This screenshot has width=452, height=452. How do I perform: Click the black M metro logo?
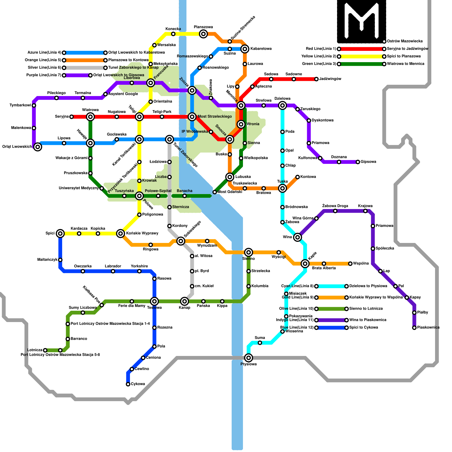tap(361, 21)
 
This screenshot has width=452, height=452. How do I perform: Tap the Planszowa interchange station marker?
tap(203, 34)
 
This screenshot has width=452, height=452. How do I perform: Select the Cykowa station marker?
tap(128, 384)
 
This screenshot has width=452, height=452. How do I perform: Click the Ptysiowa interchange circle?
tap(249, 358)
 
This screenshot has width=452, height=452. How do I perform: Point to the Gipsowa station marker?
tap(358, 162)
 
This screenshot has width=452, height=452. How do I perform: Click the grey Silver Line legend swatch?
tap(85, 68)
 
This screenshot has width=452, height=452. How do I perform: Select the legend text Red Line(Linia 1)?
tap(321, 49)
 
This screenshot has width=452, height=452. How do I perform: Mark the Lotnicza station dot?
tap(45, 350)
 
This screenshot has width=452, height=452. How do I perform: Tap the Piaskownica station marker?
tap(414, 328)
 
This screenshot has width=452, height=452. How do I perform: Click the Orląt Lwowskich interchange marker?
tap(38, 147)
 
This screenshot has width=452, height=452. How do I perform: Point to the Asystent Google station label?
tap(123, 94)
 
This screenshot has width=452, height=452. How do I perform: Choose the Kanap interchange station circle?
tap(184, 301)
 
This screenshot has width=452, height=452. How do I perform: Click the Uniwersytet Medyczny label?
tap(79, 188)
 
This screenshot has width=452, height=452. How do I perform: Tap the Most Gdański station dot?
tap(215, 192)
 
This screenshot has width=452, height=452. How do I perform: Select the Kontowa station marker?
tap(297, 177)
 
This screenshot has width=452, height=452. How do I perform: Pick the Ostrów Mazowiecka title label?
tap(405, 41)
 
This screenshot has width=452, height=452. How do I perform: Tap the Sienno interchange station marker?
tap(249, 252)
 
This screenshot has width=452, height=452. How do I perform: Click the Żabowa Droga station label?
tap(335, 206)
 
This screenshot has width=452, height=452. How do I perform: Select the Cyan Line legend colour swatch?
tap(331, 286)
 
